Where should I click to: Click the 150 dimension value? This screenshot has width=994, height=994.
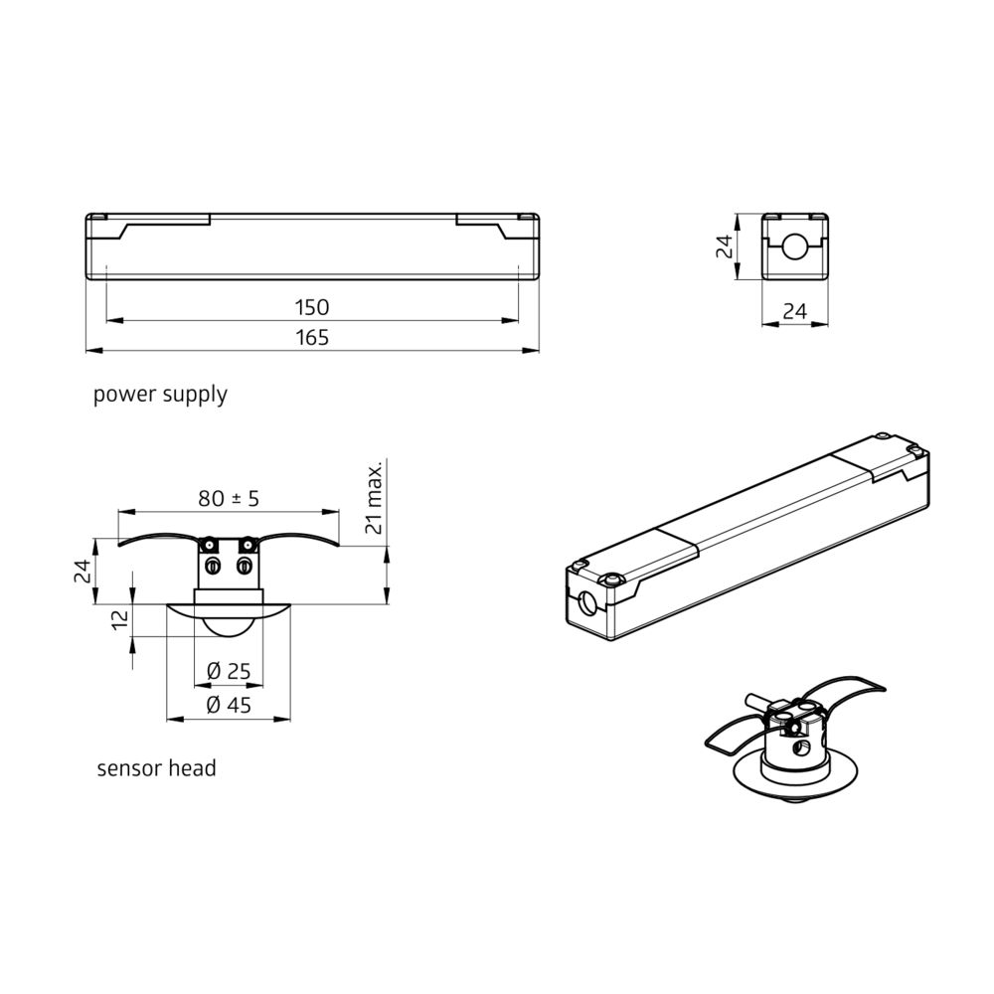(x=312, y=307)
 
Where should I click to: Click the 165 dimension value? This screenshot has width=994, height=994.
(x=312, y=337)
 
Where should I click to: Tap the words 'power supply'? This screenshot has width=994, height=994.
(x=160, y=395)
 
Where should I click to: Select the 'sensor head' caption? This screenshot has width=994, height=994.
(x=157, y=768)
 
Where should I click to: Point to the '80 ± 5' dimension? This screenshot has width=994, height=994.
(x=229, y=499)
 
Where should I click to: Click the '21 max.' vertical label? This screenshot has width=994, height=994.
(x=374, y=498)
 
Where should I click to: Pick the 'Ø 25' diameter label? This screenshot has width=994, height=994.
(x=229, y=671)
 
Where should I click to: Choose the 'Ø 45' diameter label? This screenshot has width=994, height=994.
(x=229, y=705)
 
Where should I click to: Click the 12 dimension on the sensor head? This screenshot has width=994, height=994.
(x=120, y=619)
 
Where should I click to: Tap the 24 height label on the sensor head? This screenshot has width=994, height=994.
(x=83, y=572)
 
